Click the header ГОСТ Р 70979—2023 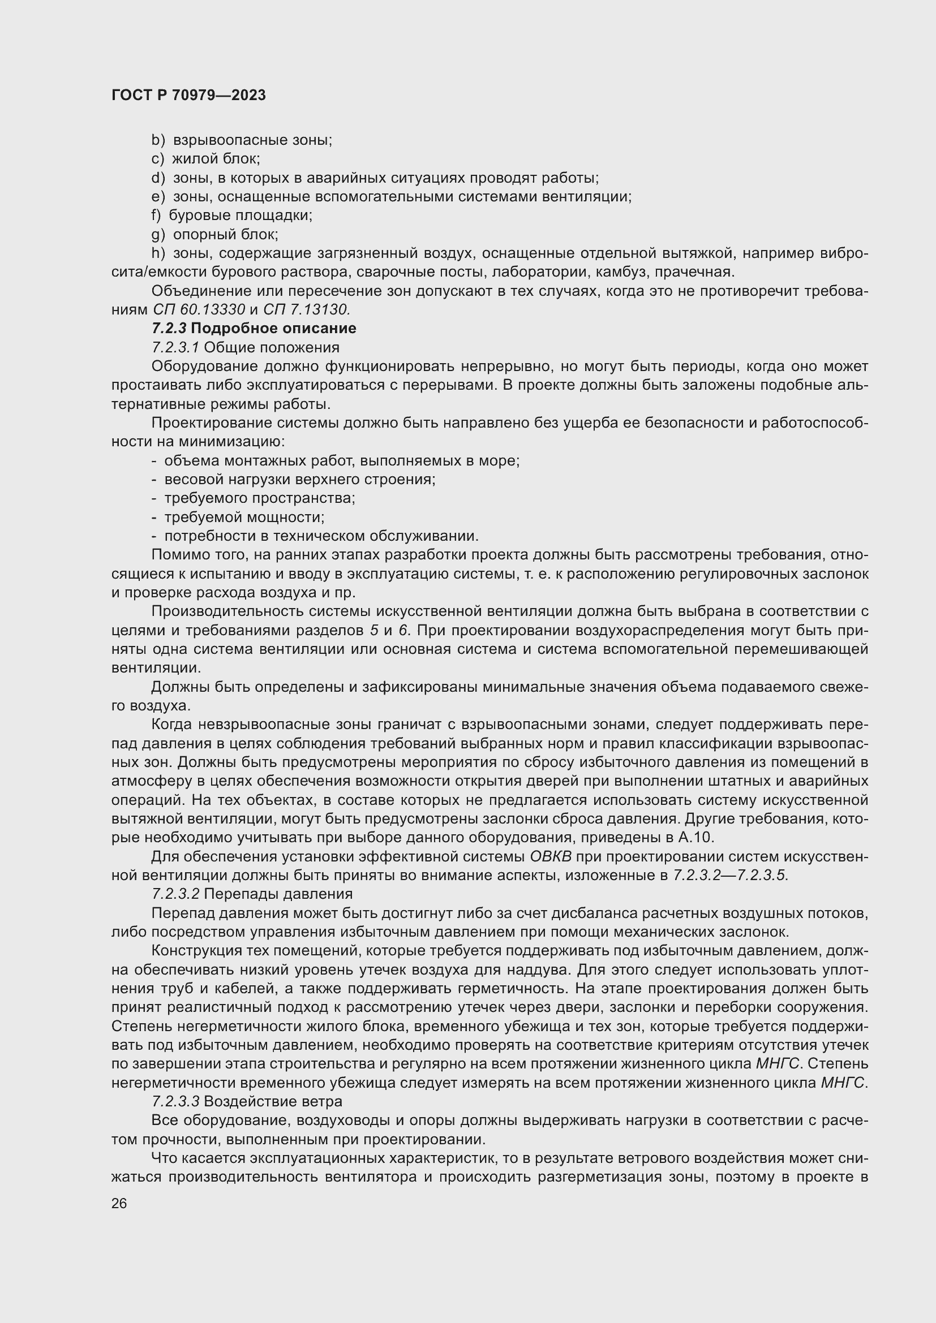click(x=188, y=96)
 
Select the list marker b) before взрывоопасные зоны click(x=158, y=140)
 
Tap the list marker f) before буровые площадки click(x=156, y=216)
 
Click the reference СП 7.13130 click(x=307, y=310)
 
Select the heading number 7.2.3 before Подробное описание click(x=169, y=329)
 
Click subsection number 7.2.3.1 click(x=176, y=347)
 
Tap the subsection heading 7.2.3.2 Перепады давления click(x=252, y=894)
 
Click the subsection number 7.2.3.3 click(x=176, y=1101)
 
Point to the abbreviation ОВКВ click(x=550, y=856)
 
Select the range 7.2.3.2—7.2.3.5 click(x=729, y=875)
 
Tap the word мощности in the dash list click(x=289, y=518)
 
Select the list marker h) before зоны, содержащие click(x=158, y=253)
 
